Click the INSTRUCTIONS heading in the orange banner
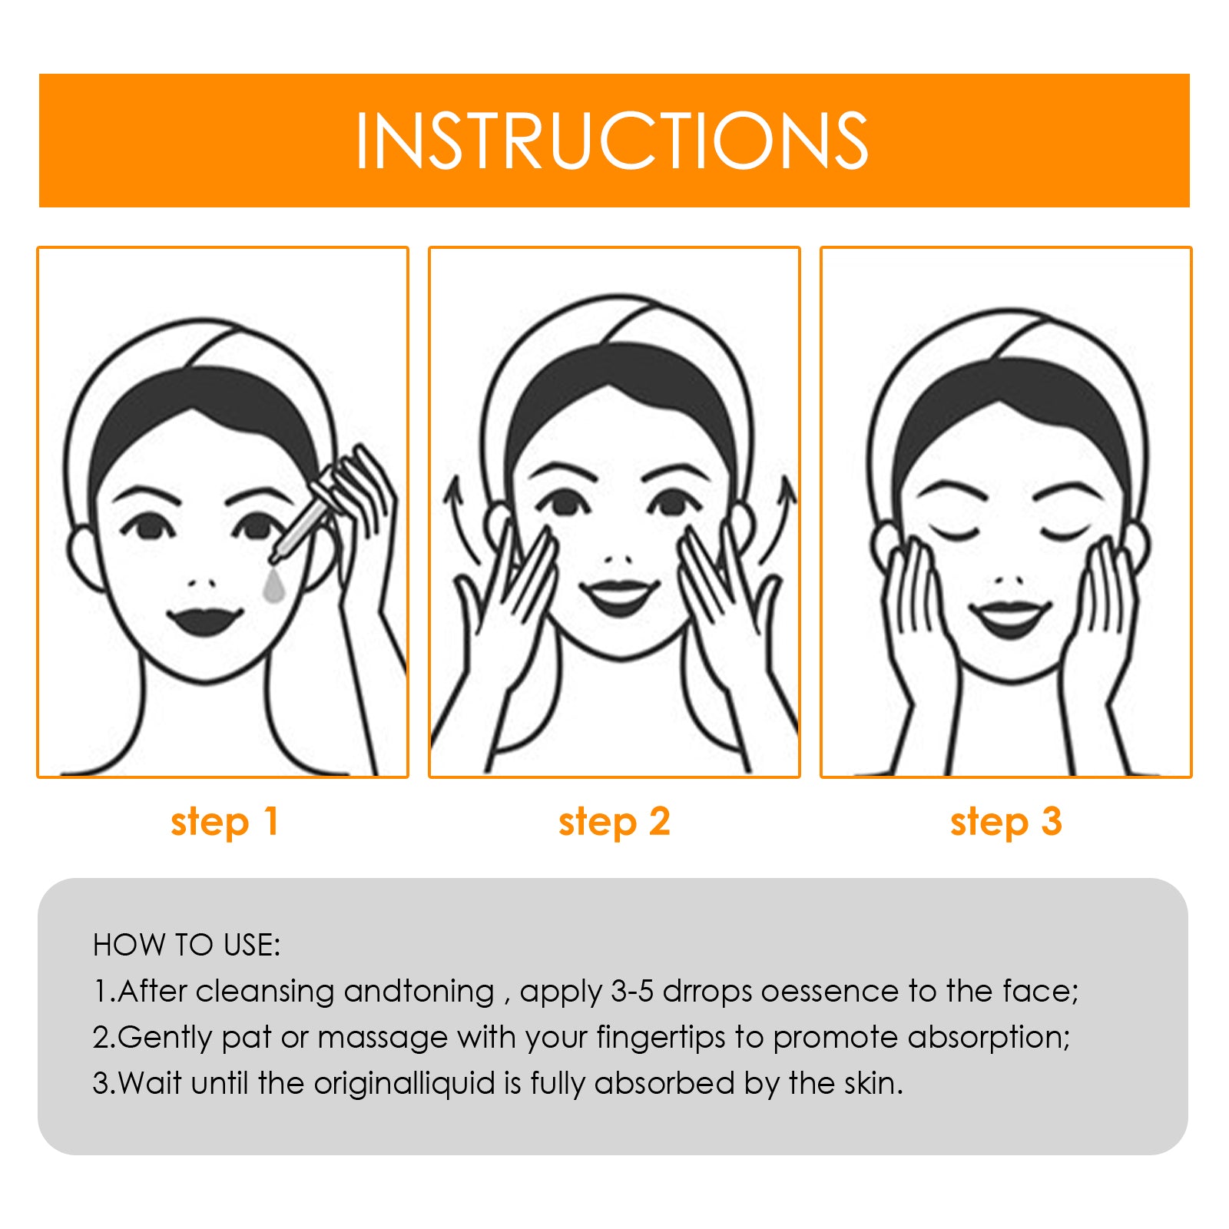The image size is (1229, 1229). click(x=611, y=141)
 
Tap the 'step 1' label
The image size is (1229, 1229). click(x=224, y=823)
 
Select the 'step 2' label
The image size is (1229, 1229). click(x=614, y=823)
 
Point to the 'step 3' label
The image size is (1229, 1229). click(x=1005, y=823)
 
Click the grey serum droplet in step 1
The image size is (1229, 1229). click(x=273, y=585)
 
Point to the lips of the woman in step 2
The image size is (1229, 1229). click(x=618, y=596)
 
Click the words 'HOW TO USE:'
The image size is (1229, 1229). click(x=187, y=946)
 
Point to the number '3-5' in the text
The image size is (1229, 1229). click(x=632, y=992)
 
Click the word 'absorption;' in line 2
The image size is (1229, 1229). click(x=989, y=1039)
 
